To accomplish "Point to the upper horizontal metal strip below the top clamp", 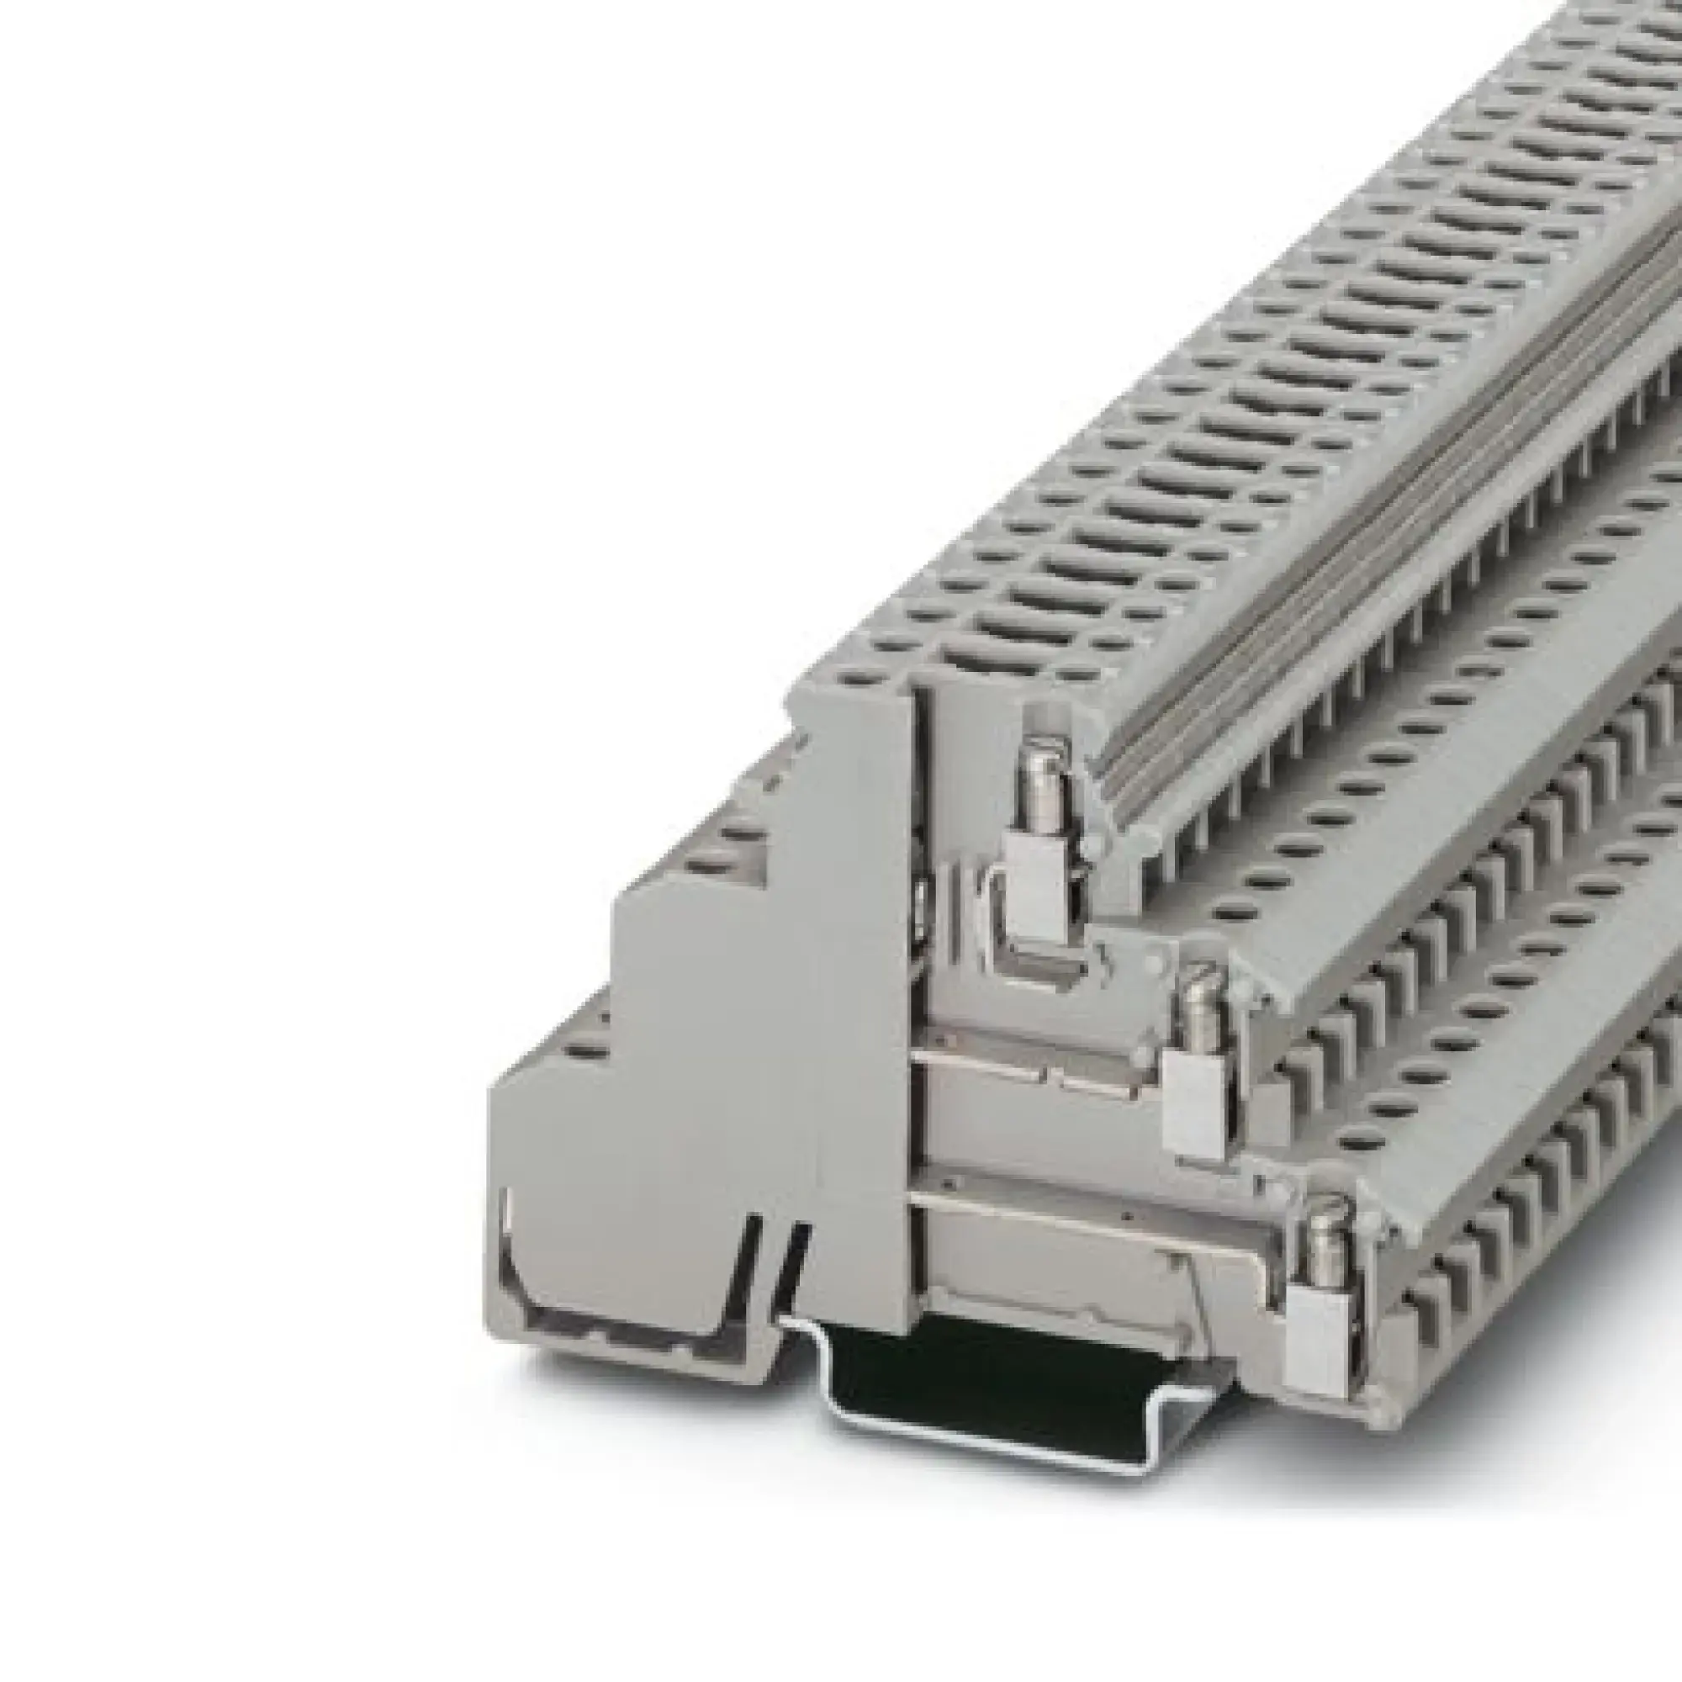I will [x=1036, y=1058].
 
